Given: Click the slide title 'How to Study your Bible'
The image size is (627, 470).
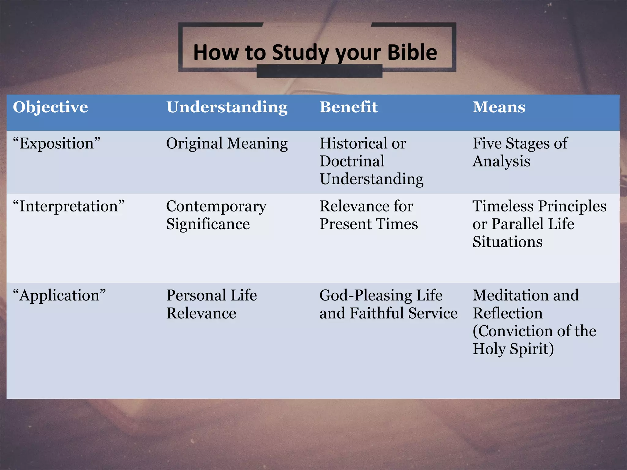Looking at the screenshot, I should pos(315,53).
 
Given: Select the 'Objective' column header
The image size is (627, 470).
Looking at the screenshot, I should pos(51,107).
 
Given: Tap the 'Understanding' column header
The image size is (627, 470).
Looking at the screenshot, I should pos(227,107).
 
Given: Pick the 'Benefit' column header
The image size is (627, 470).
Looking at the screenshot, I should pos(348,107).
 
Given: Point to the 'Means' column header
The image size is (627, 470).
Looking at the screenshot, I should pos(499,107).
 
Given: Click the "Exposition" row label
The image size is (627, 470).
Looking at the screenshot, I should pos(57,144).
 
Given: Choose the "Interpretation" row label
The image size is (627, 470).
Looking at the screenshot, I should pos(69,206).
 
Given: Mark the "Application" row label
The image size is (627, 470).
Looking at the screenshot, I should pos(59,296).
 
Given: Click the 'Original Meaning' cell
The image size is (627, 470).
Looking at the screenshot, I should pos(227,144).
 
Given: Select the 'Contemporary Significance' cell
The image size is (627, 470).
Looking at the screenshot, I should pos(216,215).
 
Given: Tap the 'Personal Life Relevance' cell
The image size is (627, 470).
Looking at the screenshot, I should pos(211,304).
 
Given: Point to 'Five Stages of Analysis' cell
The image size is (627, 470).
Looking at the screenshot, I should pos(520,152).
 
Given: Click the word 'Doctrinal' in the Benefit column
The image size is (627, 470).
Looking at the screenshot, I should pos(352,161).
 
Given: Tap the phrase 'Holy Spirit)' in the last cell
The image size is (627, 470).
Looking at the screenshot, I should pos(513,349).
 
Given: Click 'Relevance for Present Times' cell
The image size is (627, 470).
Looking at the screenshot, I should pos(369,215).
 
